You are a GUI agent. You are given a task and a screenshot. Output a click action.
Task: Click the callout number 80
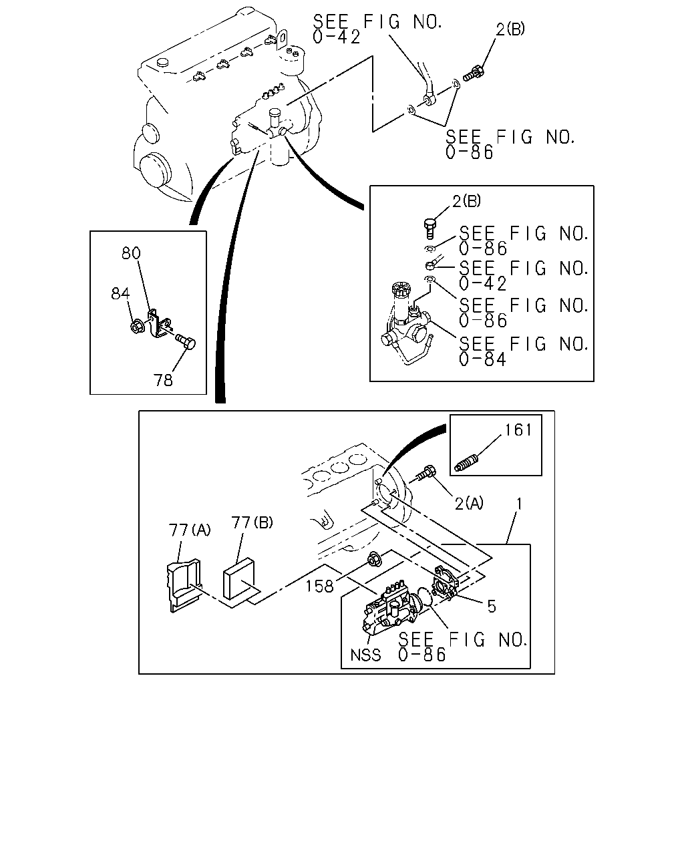[131, 253]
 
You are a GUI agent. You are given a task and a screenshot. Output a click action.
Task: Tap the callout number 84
[120, 294]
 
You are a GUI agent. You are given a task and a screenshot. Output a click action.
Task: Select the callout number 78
[163, 380]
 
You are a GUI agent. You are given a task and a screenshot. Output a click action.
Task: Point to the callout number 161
[518, 430]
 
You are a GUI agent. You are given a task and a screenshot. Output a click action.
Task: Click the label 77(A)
[189, 530]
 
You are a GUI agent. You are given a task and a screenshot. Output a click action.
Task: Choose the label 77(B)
[252, 522]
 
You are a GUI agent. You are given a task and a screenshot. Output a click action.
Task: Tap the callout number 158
[319, 586]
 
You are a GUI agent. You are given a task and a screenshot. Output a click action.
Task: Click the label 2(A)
[469, 504]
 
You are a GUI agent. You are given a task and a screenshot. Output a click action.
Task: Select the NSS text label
[365, 655]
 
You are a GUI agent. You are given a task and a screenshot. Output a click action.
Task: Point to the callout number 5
[492, 607]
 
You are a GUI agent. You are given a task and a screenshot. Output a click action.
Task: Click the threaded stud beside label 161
[468, 464]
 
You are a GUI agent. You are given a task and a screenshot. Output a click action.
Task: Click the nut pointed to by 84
[138, 326]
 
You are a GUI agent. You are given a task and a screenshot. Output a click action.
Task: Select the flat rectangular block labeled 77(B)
[238, 578]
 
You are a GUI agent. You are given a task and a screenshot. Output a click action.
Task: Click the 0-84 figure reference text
[482, 359]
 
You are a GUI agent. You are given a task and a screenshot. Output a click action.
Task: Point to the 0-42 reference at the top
[336, 37]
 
